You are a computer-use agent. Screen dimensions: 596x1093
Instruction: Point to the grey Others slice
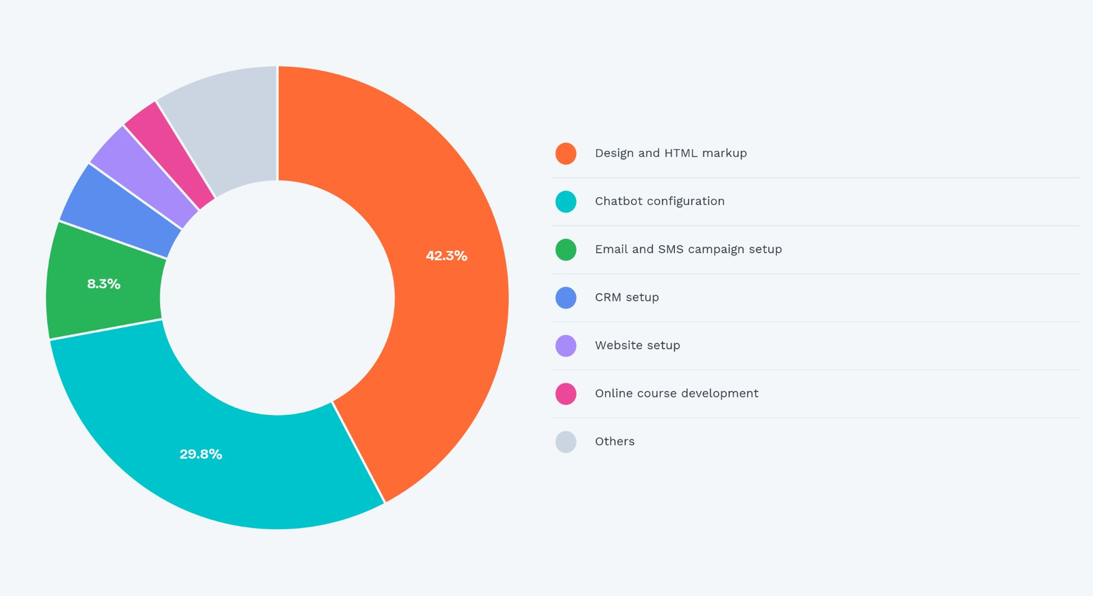tap(225, 126)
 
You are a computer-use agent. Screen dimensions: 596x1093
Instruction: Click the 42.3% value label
tap(446, 256)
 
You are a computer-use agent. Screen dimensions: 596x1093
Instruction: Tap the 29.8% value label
tap(201, 455)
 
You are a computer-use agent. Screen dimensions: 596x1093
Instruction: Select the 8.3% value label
tap(104, 284)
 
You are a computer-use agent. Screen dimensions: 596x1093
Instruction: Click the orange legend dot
tap(566, 154)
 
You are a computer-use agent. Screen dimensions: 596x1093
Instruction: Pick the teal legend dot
tap(566, 202)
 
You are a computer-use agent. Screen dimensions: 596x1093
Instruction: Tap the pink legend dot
tap(566, 394)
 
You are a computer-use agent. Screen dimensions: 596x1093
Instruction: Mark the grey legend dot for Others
tap(566, 442)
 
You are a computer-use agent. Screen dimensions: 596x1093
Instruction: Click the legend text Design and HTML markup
tap(671, 154)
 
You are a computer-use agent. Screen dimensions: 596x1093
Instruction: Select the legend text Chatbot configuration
tap(659, 202)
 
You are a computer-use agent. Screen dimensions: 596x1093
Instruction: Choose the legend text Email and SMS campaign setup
tap(688, 249)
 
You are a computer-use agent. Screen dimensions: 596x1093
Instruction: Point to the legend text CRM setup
tap(626, 297)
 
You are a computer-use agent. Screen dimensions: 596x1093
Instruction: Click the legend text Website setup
tap(637, 346)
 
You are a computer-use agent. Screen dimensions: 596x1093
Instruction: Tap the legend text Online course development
tap(676, 394)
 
